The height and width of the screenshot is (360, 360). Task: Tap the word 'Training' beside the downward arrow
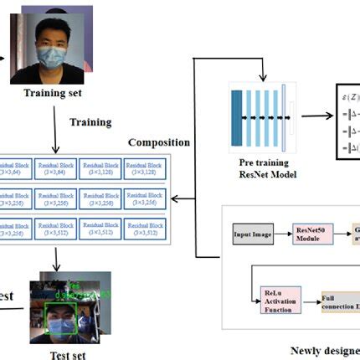pos(90,122)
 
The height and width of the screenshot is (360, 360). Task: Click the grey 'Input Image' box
pos(254,235)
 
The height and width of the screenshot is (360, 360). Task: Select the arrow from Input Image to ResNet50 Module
pos(285,235)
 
